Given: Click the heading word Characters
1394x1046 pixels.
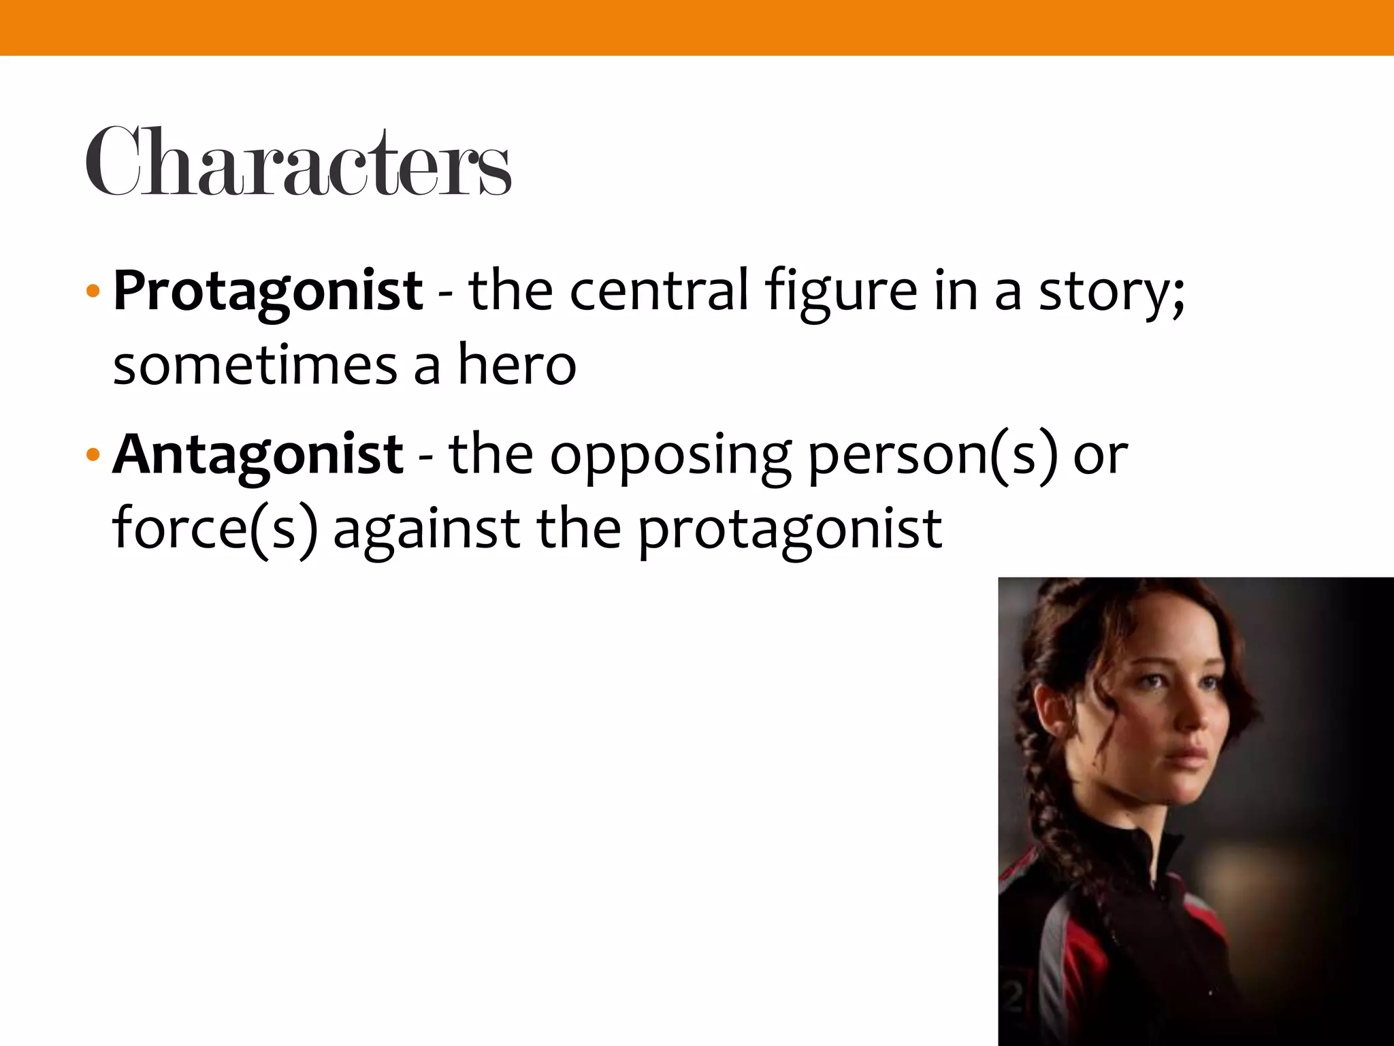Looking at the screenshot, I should coord(298,162).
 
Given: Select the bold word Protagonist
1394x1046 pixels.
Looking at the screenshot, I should coord(268,291).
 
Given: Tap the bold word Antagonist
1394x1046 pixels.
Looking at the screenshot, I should coord(258,454).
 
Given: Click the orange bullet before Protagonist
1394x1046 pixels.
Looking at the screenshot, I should coord(93,293).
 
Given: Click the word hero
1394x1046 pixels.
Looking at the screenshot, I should coord(517,365).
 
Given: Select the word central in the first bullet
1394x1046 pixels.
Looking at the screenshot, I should coord(658,291).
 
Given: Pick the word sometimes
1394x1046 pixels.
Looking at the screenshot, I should coord(255,366).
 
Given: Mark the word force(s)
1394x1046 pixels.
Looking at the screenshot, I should coord(215,529).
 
